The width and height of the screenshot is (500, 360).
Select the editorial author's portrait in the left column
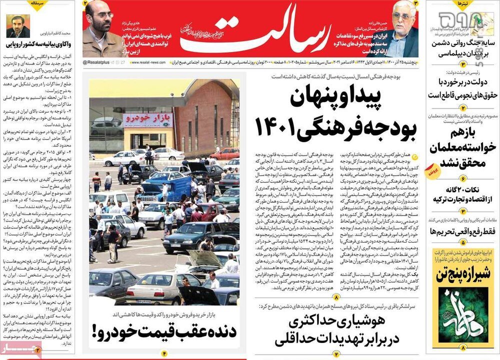[18, 25]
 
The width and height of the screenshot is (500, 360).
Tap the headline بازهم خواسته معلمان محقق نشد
[462, 148]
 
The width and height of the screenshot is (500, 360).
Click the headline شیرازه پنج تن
[462, 274]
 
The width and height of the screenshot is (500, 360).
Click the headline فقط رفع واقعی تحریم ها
[462, 232]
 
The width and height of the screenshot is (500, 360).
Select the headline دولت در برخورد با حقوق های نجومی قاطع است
[462, 88]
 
